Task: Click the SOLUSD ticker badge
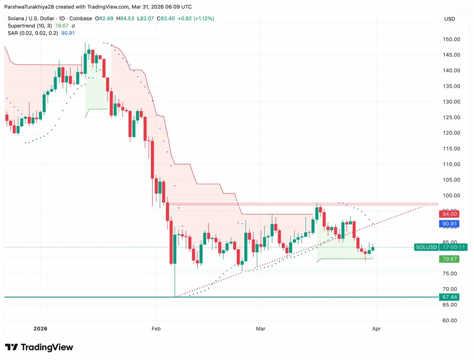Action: (x=426, y=247)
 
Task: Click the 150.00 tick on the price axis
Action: (x=451, y=39)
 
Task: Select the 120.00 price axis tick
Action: (x=451, y=133)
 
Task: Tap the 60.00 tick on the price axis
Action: (x=451, y=320)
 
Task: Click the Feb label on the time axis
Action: (x=156, y=329)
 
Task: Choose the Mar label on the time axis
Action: (x=260, y=329)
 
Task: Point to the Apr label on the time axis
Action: (x=376, y=329)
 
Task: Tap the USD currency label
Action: (x=450, y=19)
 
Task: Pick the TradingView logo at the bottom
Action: (x=39, y=347)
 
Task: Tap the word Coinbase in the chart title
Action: (x=79, y=19)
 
